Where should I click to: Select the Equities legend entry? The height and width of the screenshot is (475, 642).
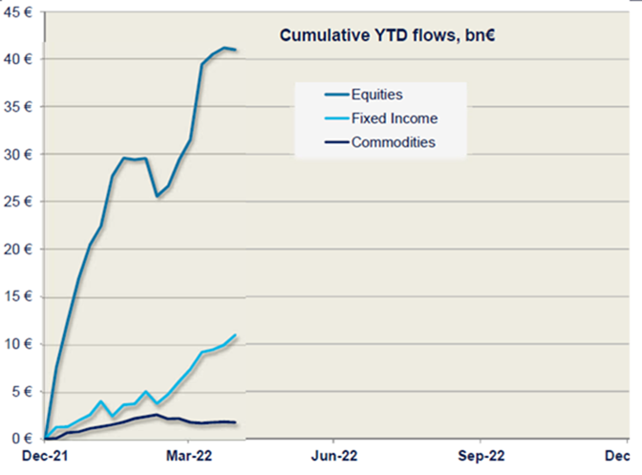point(376,95)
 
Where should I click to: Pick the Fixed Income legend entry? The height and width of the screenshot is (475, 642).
point(394,119)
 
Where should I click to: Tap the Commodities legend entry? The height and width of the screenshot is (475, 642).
point(394,142)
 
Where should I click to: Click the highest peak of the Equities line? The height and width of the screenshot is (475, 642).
point(225,47)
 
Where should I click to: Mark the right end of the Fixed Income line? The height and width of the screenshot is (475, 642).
point(235,335)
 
